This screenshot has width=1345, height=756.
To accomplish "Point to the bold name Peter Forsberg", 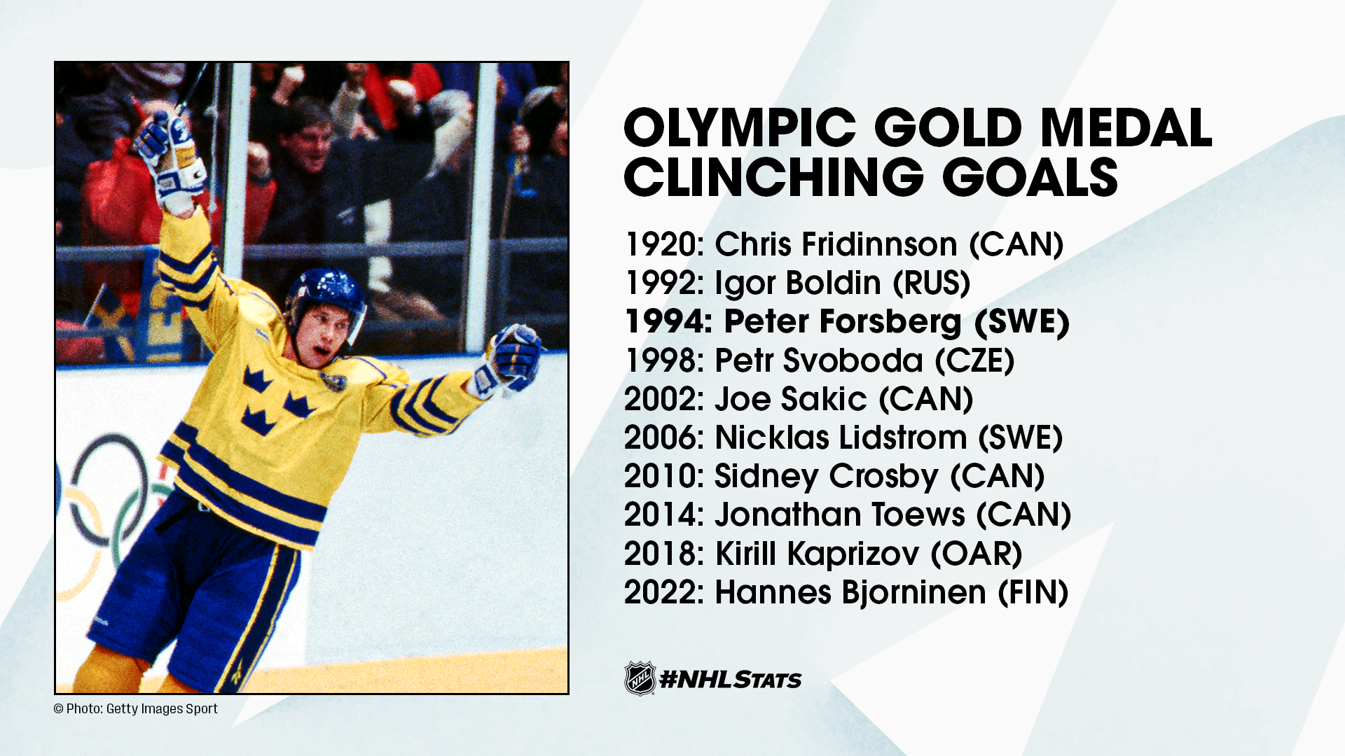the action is coord(842,322).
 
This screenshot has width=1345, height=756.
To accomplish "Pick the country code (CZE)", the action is coord(974,360).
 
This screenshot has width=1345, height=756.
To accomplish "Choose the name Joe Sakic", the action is coord(791,399).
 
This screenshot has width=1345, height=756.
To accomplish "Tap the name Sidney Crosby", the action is coord(827,477).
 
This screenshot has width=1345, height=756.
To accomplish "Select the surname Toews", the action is coord(919,515).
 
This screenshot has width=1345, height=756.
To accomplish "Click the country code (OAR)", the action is coord(977,554).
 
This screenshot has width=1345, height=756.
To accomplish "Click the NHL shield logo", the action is coord(640,678).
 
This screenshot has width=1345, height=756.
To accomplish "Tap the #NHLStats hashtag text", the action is coord(731,680).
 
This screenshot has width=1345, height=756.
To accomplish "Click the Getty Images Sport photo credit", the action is coord(136,708).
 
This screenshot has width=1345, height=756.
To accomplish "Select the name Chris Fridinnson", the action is coord(836,245).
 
